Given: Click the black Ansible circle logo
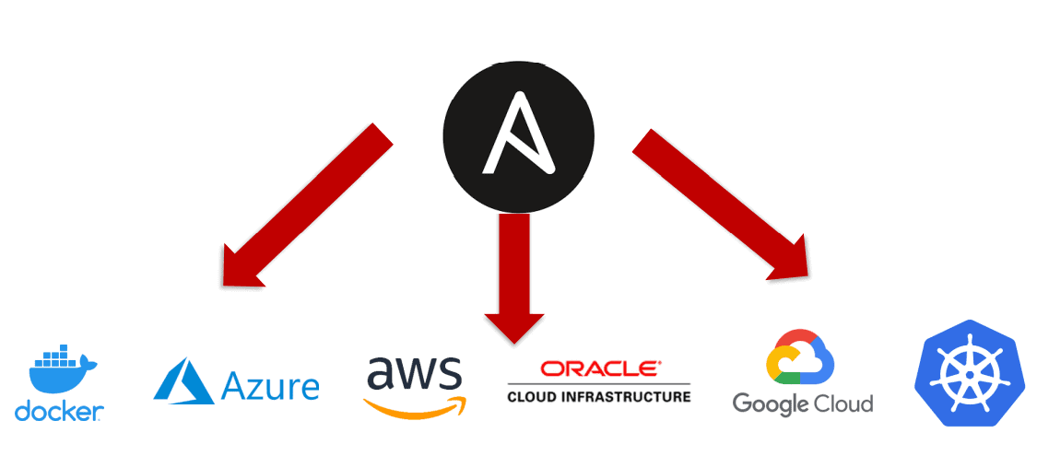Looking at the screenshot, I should [518, 134].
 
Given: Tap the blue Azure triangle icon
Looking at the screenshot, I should [183, 380].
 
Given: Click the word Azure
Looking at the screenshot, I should [271, 386].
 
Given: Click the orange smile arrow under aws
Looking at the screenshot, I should [415, 404].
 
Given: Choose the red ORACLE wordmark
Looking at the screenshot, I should [599, 368].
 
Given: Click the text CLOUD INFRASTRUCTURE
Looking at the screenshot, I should [598, 397].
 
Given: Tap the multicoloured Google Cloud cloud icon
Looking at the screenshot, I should [799, 357].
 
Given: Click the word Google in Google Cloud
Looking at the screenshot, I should [771, 403].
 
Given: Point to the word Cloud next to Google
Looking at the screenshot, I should [843, 403].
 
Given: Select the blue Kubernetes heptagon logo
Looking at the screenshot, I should [970, 372].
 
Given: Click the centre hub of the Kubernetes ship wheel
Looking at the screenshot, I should [970, 373].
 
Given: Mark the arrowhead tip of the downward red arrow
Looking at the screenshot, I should [514, 342].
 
